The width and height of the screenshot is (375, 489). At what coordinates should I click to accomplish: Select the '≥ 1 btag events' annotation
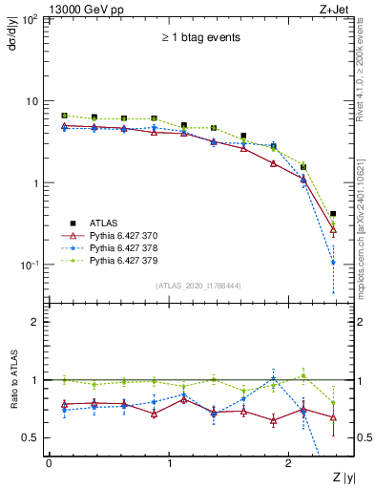click(x=199, y=37)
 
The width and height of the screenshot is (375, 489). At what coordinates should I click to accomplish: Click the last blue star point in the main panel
click(x=332, y=262)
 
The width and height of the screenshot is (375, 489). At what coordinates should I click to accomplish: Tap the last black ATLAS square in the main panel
click(x=332, y=214)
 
